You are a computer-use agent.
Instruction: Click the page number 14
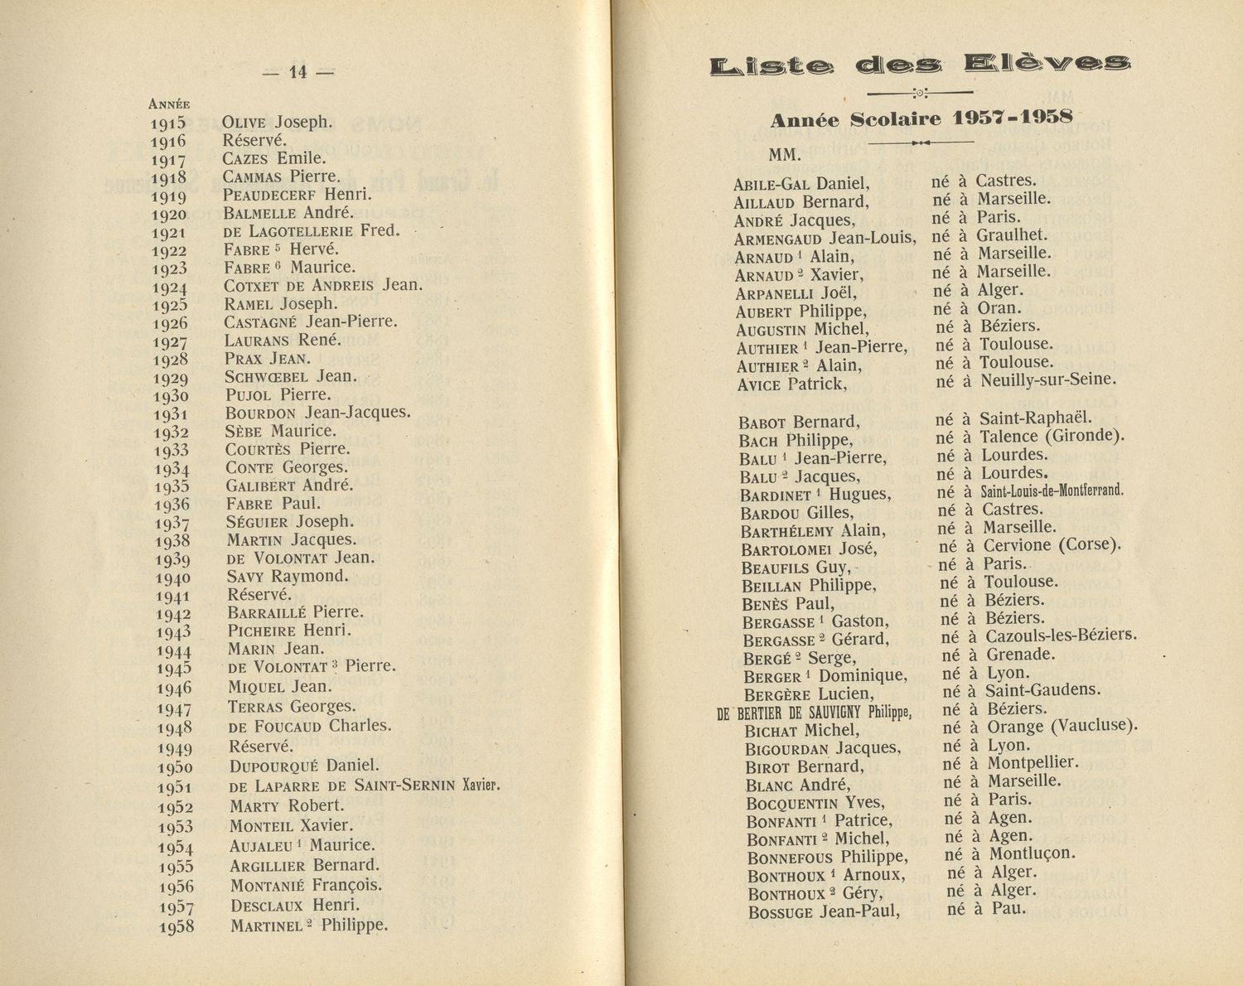coord(297,73)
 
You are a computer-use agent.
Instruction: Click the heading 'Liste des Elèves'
coord(921,65)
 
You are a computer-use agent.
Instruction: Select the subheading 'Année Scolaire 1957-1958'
coord(921,118)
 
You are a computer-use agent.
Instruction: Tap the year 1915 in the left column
coord(168,123)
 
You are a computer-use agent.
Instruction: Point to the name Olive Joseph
coord(277,123)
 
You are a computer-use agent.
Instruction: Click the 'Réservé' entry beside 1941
coord(259,595)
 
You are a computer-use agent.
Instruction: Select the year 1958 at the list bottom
coord(176,926)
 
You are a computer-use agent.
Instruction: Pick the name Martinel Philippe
coord(309,926)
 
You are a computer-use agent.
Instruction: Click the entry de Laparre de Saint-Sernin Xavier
coord(365,786)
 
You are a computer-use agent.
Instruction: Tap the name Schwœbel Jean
coord(291,376)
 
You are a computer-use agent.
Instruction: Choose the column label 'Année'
coord(169,104)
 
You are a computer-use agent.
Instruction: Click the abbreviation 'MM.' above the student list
coord(785,156)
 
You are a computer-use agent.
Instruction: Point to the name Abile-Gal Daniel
coord(801,184)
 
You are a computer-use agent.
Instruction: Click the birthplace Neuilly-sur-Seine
coord(1048,381)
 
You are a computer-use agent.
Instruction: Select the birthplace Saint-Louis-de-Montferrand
coord(1052,491)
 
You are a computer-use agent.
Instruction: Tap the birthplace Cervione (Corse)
coord(1052,546)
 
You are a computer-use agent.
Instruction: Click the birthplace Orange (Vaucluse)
coord(1062,727)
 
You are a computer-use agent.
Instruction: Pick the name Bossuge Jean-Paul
coord(823,912)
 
